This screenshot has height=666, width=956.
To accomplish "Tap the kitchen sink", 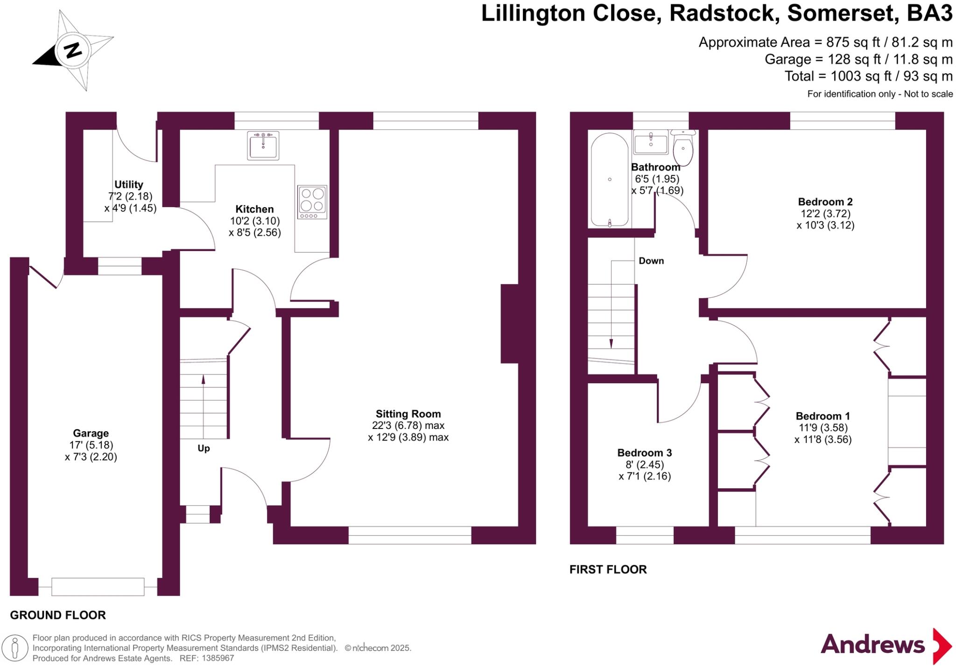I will [263, 145].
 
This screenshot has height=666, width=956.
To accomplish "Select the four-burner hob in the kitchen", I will [312, 202].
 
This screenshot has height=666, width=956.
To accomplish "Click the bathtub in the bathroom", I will [610, 180].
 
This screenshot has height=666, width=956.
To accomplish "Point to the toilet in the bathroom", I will [683, 147].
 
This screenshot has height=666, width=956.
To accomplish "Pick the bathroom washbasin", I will [651, 142].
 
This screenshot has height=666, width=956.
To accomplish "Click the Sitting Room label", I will [408, 414].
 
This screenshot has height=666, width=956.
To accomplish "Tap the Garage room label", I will [91, 433].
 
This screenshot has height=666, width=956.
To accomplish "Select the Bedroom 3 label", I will [644, 453].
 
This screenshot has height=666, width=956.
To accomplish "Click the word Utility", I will [129, 185].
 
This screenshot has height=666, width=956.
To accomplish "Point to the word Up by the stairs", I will [204, 449].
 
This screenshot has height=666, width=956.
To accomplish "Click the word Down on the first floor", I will [651, 261].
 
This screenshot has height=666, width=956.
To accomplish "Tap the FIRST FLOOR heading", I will [608, 569].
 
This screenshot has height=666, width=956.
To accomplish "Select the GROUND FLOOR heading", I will [58, 615].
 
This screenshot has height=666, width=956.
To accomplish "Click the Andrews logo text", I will [872, 645].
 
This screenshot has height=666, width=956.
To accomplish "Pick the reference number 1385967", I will [217, 658].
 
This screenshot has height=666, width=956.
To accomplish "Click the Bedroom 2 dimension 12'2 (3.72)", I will [825, 214].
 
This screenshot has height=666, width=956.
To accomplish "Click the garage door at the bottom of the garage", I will [98, 587].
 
